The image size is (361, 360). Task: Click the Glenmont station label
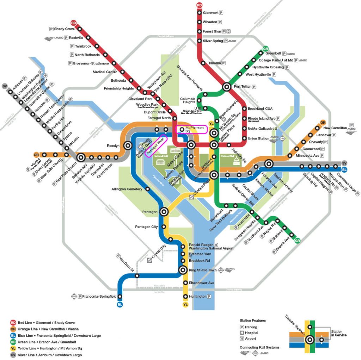coord(210,13)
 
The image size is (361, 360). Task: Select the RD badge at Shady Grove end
coord(73,23)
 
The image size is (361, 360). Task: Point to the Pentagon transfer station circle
coord(164,212)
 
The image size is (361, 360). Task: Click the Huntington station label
coord(197,297)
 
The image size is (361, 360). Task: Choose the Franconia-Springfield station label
coord(99,297)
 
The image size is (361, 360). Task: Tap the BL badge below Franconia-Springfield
coord(120,305)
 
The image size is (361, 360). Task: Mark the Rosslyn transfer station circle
coord(127,145)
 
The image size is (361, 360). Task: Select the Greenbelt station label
coord(273,54)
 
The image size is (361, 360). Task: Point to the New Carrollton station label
coord(335,128)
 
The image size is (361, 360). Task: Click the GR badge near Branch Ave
coord(298,241)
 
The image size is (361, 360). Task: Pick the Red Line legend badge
coord(13,322)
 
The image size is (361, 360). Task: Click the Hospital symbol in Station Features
coord(241,333)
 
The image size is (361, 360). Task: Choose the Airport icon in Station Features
coord(241,339)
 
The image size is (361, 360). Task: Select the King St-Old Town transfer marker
coord(183,270)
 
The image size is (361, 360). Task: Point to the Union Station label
coord(258,138)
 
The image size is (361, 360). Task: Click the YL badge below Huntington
coord(185,305)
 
